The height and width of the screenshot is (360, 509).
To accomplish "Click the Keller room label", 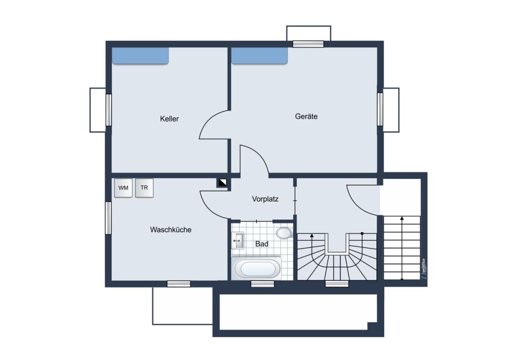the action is coord(169,119).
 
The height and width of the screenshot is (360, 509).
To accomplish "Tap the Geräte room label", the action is coord(306,116).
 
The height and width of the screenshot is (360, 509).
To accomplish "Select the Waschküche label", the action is coord(171,230).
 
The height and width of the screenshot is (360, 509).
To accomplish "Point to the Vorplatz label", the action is coord(265,199).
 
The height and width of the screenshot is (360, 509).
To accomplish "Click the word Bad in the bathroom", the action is coord(262,244).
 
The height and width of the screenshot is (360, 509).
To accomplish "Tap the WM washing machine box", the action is coord(123,188).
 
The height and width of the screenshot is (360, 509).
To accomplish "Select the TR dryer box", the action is coord(144,187).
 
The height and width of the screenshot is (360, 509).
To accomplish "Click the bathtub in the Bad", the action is coord(257,268).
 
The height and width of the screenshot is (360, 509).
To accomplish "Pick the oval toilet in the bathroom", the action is coord(285,233).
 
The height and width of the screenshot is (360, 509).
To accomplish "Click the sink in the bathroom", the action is coord(238,240).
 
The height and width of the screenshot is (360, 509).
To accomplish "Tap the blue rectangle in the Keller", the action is coord(140,56).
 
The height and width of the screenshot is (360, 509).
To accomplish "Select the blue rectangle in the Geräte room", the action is coord(260,56).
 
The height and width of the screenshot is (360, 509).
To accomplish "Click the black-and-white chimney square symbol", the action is coord(222,183).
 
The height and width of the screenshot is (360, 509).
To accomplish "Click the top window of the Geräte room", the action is coord(308,44).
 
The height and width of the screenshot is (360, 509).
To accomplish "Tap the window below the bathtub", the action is coord(263,284).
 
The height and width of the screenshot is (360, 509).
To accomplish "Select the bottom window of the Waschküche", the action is coord(179,284).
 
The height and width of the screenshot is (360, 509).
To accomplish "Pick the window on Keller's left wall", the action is coord(108,110).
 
